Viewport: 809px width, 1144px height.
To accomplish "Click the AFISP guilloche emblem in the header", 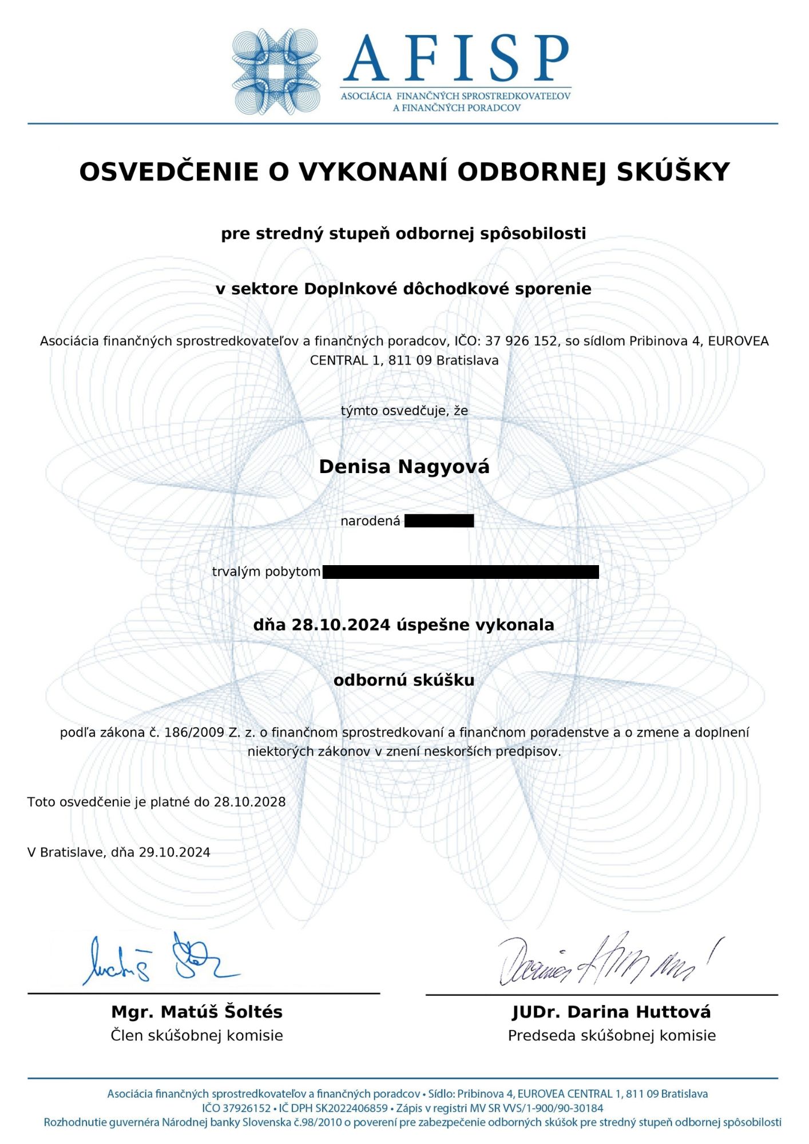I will pyautogui.click(x=276, y=71).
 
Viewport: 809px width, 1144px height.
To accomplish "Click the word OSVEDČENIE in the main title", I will pyautogui.click(x=169, y=172).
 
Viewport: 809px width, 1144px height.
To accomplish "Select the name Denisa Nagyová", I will pyautogui.click(x=404, y=467).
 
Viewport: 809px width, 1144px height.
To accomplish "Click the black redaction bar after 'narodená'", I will pyautogui.click(x=439, y=521).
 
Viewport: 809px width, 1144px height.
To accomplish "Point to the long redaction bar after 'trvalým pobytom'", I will pyautogui.click(x=461, y=571).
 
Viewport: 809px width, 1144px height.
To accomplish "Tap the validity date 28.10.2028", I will pyautogui.click(x=249, y=802).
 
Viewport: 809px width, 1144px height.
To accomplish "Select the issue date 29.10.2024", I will pyautogui.click(x=175, y=852).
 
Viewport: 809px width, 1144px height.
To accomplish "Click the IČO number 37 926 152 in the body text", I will pyautogui.click(x=521, y=341).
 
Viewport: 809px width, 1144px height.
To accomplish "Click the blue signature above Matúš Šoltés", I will pyautogui.click(x=160, y=961).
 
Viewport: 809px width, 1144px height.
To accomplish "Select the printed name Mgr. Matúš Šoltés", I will pyautogui.click(x=197, y=1012).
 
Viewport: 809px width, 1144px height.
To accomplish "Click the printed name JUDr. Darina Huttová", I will pyautogui.click(x=612, y=1012).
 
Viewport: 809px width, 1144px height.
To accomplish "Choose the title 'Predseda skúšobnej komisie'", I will pyautogui.click(x=612, y=1035).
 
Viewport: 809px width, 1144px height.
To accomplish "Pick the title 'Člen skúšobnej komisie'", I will pyautogui.click(x=197, y=1035).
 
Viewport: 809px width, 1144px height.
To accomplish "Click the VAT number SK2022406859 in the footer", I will pyautogui.click(x=351, y=1108).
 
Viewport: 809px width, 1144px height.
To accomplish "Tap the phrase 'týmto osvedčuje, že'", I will pyautogui.click(x=404, y=411).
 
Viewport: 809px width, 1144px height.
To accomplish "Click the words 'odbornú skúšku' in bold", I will pyautogui.click(x=404, y=680).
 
